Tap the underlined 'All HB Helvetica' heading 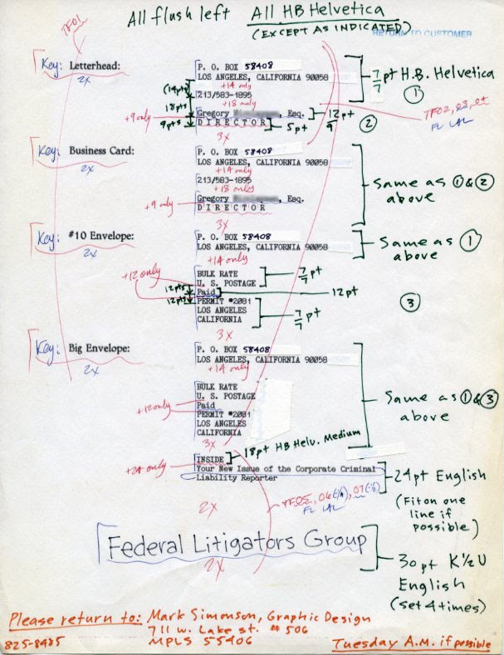coord(318,11)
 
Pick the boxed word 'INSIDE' coord(211,458)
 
